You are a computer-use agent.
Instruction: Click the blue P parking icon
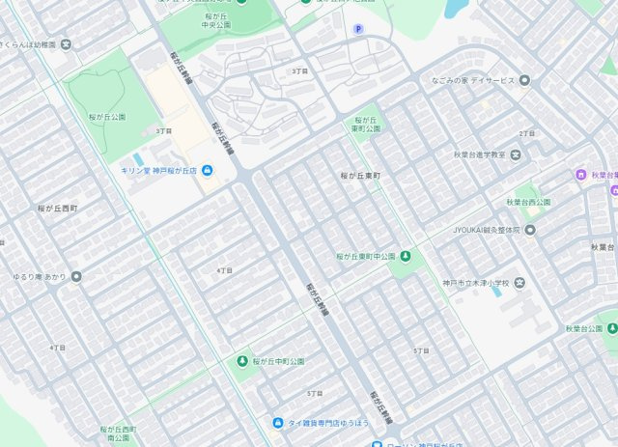pyautogui.click(x=358, y=28)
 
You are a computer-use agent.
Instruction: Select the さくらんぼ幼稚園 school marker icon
pyautogui.click(x=65, y=44)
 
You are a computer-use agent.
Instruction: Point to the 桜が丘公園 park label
pyautogui.click(x=108, y=116)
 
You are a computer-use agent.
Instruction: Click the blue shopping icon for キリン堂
pyautogui.click(x=208, y=170)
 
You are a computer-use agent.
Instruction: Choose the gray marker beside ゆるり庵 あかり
pyautogui.click(x=76, y=276)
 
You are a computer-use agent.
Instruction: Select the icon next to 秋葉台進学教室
pyautogui.click(x=517, y=154)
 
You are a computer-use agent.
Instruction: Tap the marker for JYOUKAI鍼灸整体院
pyautogui.click(x=529, y=230)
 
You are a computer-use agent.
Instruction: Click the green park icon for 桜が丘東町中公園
pyautogui.click(x=405, y=256)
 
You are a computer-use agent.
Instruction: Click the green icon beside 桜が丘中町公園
pyautogui.click(x=241, y=361)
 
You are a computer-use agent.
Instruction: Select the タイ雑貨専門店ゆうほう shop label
pyautogui.click(x=327, y=423)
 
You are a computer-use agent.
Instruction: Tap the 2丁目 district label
pyautogui.click(x=526, y=133)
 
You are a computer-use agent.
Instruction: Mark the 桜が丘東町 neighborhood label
pyautogui.click(x=361, y=176)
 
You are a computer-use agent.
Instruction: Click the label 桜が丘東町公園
pyautogui.click(x=362, y=126)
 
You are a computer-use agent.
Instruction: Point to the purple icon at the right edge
pyautogui.click(x=580, y=175)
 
